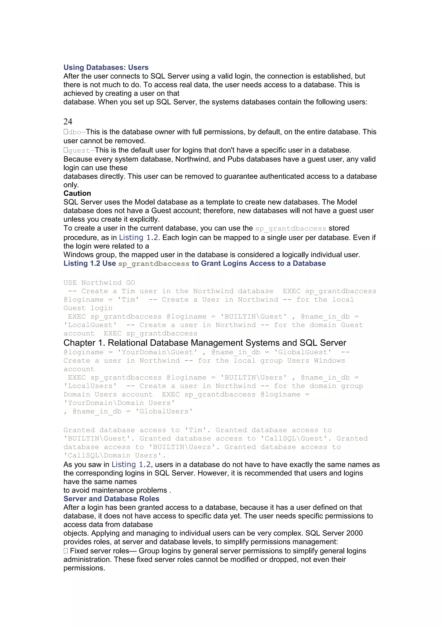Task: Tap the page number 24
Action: [68, 121]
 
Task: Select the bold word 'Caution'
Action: [77, 193]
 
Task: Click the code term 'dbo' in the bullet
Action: [74, 132]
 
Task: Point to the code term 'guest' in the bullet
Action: [79, 150]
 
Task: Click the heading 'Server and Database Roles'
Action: [111, 499]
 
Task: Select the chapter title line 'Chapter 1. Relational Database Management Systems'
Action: [204, 343]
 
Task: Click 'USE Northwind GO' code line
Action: [99, 283]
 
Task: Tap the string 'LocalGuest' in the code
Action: [90, 325]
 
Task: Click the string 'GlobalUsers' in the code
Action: [164, 411]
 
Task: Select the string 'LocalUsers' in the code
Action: [90, 386]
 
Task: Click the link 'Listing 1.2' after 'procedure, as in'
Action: [138, 237]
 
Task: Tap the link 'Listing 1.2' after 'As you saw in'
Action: [131, 464]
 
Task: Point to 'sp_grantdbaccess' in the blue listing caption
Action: [154, 264]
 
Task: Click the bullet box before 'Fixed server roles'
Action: [66, 551]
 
